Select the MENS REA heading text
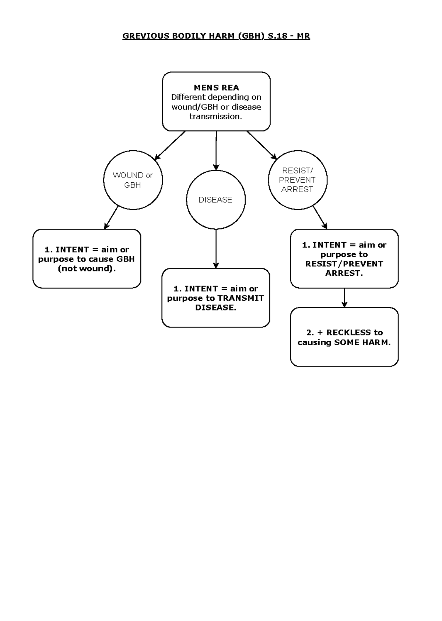click(216, 88)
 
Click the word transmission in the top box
click(215, 116)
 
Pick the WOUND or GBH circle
click(133, 180)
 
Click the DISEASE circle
click(215, 200)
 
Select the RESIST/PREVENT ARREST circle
click(297, 180)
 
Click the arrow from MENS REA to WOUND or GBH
click(169, 145)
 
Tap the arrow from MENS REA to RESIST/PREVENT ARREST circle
click(262, 145)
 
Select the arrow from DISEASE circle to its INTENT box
click(216, 249)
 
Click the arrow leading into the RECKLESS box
click(344, 298)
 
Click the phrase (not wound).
click(87, 269)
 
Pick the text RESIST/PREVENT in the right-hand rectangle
click(344, 264)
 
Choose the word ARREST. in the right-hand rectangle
click(344, 273)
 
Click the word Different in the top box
click(188, 97)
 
